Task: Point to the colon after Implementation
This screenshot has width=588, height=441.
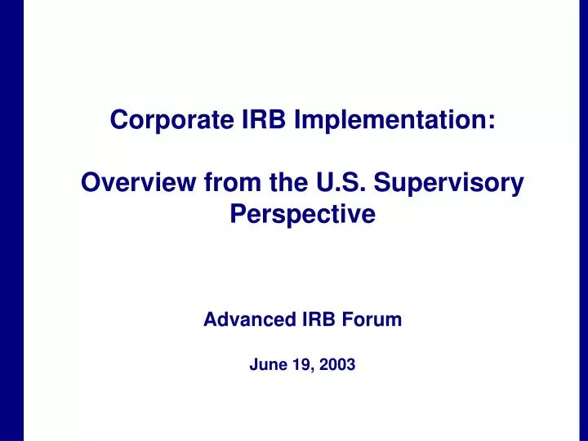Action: point(492,123)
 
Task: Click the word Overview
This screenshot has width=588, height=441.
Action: point(136,185)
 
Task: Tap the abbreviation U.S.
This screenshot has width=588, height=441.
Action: point(336,185)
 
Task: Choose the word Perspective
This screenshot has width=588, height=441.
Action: point(301,216)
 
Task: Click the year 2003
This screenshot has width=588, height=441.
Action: point(337,366)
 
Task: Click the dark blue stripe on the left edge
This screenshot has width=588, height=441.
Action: point(11,220)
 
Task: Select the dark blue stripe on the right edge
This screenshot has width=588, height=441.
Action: point(577,220)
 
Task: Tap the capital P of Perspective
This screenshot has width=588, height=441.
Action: point(238,216)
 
